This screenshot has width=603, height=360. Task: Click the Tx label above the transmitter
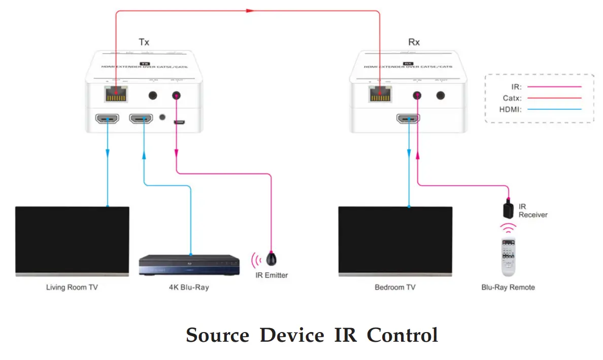pos(144,42)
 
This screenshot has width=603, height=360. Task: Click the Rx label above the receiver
pos(414,42)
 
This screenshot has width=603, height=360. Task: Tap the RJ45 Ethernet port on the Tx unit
pos(115,94)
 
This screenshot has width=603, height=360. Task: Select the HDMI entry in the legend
pos(511,109)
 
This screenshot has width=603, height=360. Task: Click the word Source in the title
pos(217,336)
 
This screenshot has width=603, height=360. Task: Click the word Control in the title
pos(402,336)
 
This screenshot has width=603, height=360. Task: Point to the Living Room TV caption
pos(72,287)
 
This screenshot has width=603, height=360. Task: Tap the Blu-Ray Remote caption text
pos(508,287)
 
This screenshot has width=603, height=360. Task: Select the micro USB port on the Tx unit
pos(178,122)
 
